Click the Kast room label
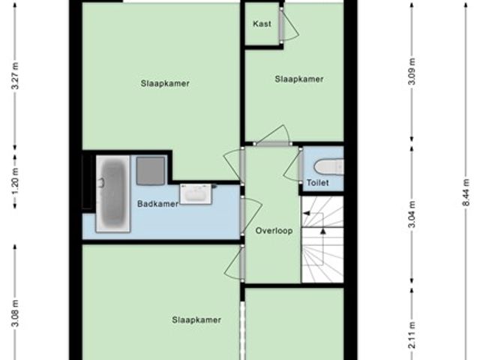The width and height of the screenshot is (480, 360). click(262, 23)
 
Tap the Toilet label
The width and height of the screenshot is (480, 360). click(318, 183)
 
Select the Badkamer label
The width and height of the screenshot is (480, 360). click(157, 204)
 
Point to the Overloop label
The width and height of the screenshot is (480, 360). click(274, 230)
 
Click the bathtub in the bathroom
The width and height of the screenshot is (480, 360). click(113, 193)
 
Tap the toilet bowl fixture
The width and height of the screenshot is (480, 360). click(328, 167)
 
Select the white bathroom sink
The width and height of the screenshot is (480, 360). click(196, 193)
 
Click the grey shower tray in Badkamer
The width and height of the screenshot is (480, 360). click(150, 171)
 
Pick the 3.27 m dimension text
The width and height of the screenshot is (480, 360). click(15, 76)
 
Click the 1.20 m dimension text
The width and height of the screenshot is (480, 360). click(15, 181)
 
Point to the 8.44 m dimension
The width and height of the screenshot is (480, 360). click(466, 193)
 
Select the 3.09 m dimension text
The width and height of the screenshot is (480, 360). click(412, 71)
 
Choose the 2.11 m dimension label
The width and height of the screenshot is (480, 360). click(412, 335)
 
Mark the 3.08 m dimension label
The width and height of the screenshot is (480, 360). click(15, 313)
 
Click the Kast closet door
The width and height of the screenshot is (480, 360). click(281, 25)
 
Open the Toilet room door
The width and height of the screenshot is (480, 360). click(301, 166)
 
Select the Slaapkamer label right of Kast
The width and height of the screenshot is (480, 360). click(298, 79)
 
